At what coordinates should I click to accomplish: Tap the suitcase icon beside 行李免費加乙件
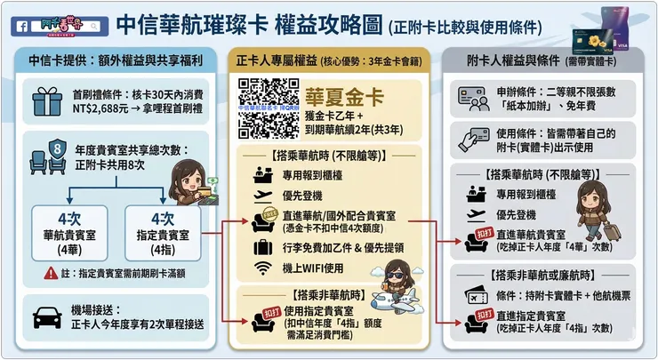262,246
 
